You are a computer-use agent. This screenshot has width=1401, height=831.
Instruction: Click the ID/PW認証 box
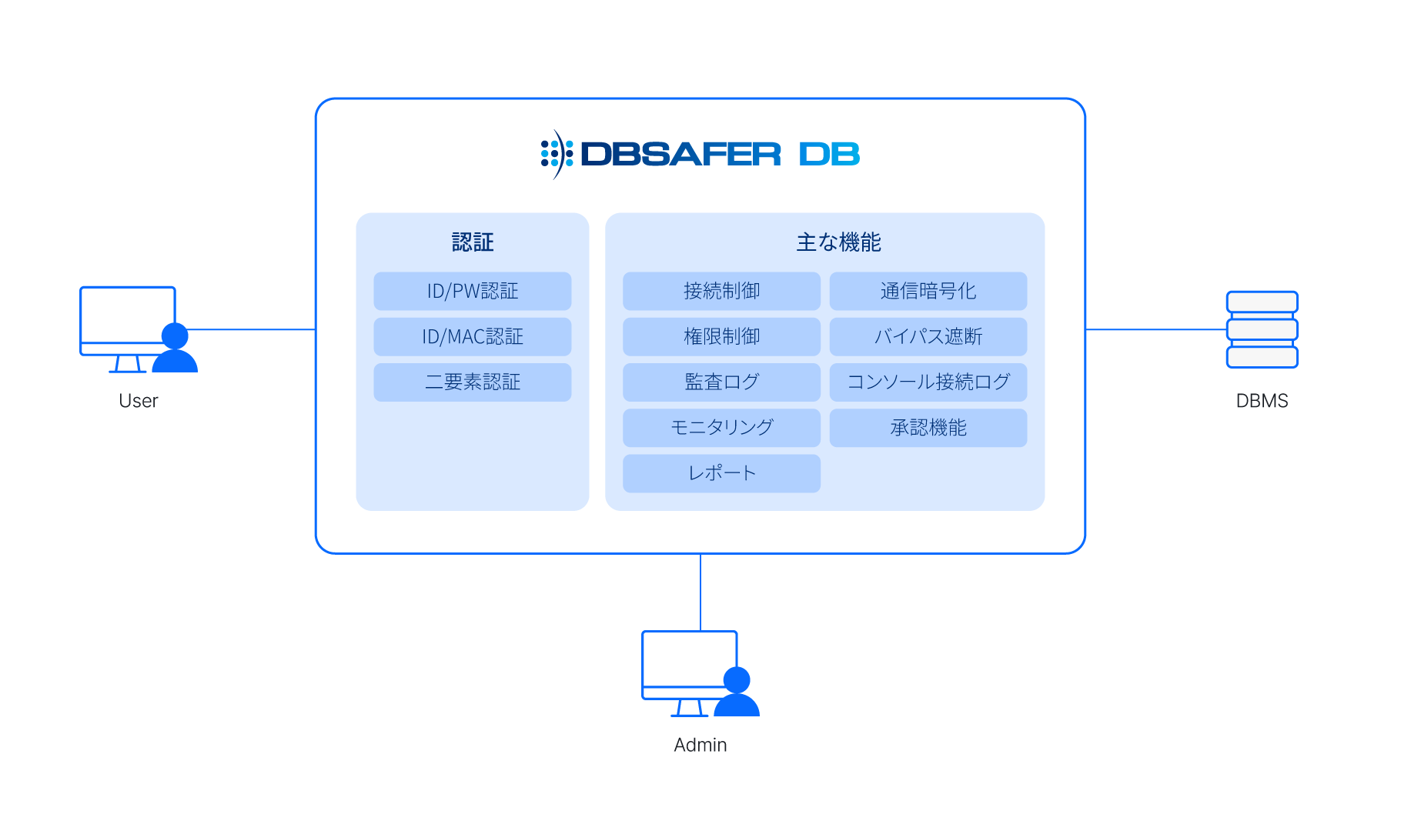(473, 291)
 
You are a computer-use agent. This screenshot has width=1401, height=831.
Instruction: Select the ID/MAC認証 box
(473, 336)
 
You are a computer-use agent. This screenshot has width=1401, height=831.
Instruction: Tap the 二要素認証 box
(473, 382)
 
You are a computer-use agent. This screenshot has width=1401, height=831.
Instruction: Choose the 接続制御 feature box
(721, 291)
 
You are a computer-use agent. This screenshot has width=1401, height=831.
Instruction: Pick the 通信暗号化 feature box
(928, 291)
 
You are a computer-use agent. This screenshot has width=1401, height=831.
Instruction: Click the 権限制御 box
(721, 336)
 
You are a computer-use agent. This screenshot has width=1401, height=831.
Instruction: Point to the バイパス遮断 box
(928, 336)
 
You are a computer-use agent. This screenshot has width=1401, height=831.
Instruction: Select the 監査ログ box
(721, 382)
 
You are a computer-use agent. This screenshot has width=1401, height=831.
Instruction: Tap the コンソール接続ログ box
(928, 382)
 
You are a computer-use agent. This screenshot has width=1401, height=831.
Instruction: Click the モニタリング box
(721, 427)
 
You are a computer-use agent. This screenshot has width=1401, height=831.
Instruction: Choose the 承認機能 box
(928, 427)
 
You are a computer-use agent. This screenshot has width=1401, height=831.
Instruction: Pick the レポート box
(721, 472)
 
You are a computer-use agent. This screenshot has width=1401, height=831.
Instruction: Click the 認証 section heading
(473, 242)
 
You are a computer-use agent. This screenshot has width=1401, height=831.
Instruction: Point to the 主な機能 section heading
(838, 242)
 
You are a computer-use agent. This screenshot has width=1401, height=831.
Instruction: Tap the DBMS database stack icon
(1262, 329)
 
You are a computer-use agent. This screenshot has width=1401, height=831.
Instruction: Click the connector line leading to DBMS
(1155, 329)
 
